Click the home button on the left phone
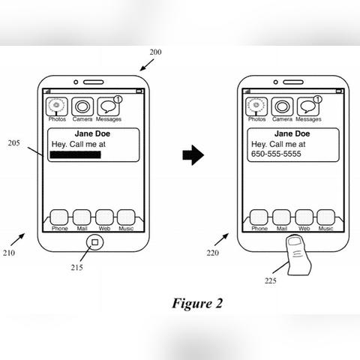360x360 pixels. (x=94, y=242)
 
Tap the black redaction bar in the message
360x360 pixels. (x=76, y=154)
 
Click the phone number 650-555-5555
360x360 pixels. (x=276, y=154)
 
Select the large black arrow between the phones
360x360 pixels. (x=193, y=155)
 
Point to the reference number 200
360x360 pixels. (x=155, y=52)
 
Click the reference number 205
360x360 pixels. (x=13, y=143)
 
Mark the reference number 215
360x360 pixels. (x=76, y=268)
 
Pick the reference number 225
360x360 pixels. (x=271, y=280)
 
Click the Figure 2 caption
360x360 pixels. (x=197, y=304)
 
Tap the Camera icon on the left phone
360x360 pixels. (x=82, y=106)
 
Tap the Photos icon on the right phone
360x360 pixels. (x=256, y=106)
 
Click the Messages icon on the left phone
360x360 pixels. (x=108, y=106)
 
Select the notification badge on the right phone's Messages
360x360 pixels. (x=318, y=100)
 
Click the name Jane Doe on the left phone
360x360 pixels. (x=92, y=133)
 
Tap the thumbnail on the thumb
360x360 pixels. (x=295, y=241)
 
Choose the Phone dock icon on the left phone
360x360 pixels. (x=59, y=217)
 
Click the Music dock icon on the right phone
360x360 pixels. (x=326, y=217)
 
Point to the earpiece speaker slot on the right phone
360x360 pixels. (x=293, y=82)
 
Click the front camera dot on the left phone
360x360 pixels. (x=76, y=82)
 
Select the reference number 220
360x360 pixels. (x=213, y=253)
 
